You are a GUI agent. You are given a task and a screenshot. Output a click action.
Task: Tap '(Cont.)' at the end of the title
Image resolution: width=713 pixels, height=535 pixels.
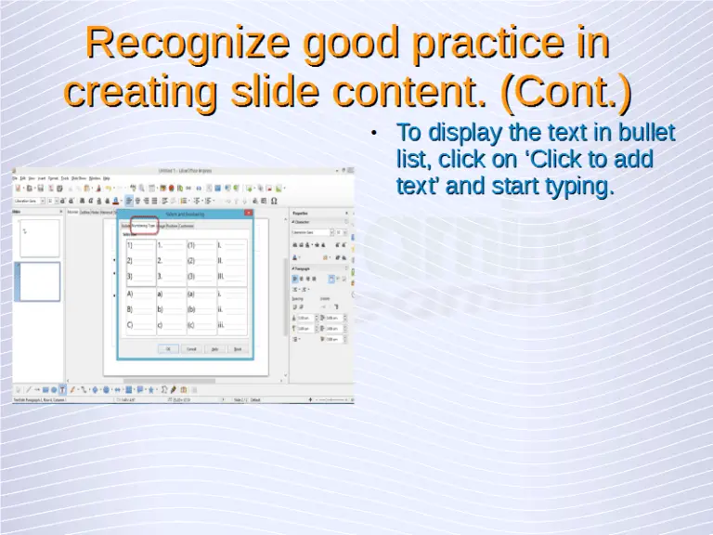(565, 92)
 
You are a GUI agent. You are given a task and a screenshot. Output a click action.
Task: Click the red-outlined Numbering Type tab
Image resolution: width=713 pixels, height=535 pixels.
(143, 225)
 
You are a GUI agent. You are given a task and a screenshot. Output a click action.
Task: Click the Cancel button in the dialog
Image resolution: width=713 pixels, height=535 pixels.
(191, 349)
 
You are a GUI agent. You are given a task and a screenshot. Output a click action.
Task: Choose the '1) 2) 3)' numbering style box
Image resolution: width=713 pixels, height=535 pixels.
(140, 261)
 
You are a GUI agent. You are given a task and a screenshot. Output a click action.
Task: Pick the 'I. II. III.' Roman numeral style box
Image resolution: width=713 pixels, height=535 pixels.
(232, 261)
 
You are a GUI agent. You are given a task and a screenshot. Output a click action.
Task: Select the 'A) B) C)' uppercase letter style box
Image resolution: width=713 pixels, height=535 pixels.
(140, 309)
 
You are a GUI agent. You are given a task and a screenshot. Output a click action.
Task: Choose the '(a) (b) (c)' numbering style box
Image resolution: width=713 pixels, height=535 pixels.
(201, 309)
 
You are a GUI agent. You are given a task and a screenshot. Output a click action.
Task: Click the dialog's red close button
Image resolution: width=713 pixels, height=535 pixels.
(248, 213)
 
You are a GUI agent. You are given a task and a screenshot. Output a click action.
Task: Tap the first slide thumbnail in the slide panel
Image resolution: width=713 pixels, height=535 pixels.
(39, 238)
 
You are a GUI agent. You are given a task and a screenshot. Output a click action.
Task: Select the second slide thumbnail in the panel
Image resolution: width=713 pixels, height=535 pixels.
(39, 281)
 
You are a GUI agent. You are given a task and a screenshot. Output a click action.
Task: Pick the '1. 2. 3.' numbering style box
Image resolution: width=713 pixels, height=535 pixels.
(171, 261)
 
